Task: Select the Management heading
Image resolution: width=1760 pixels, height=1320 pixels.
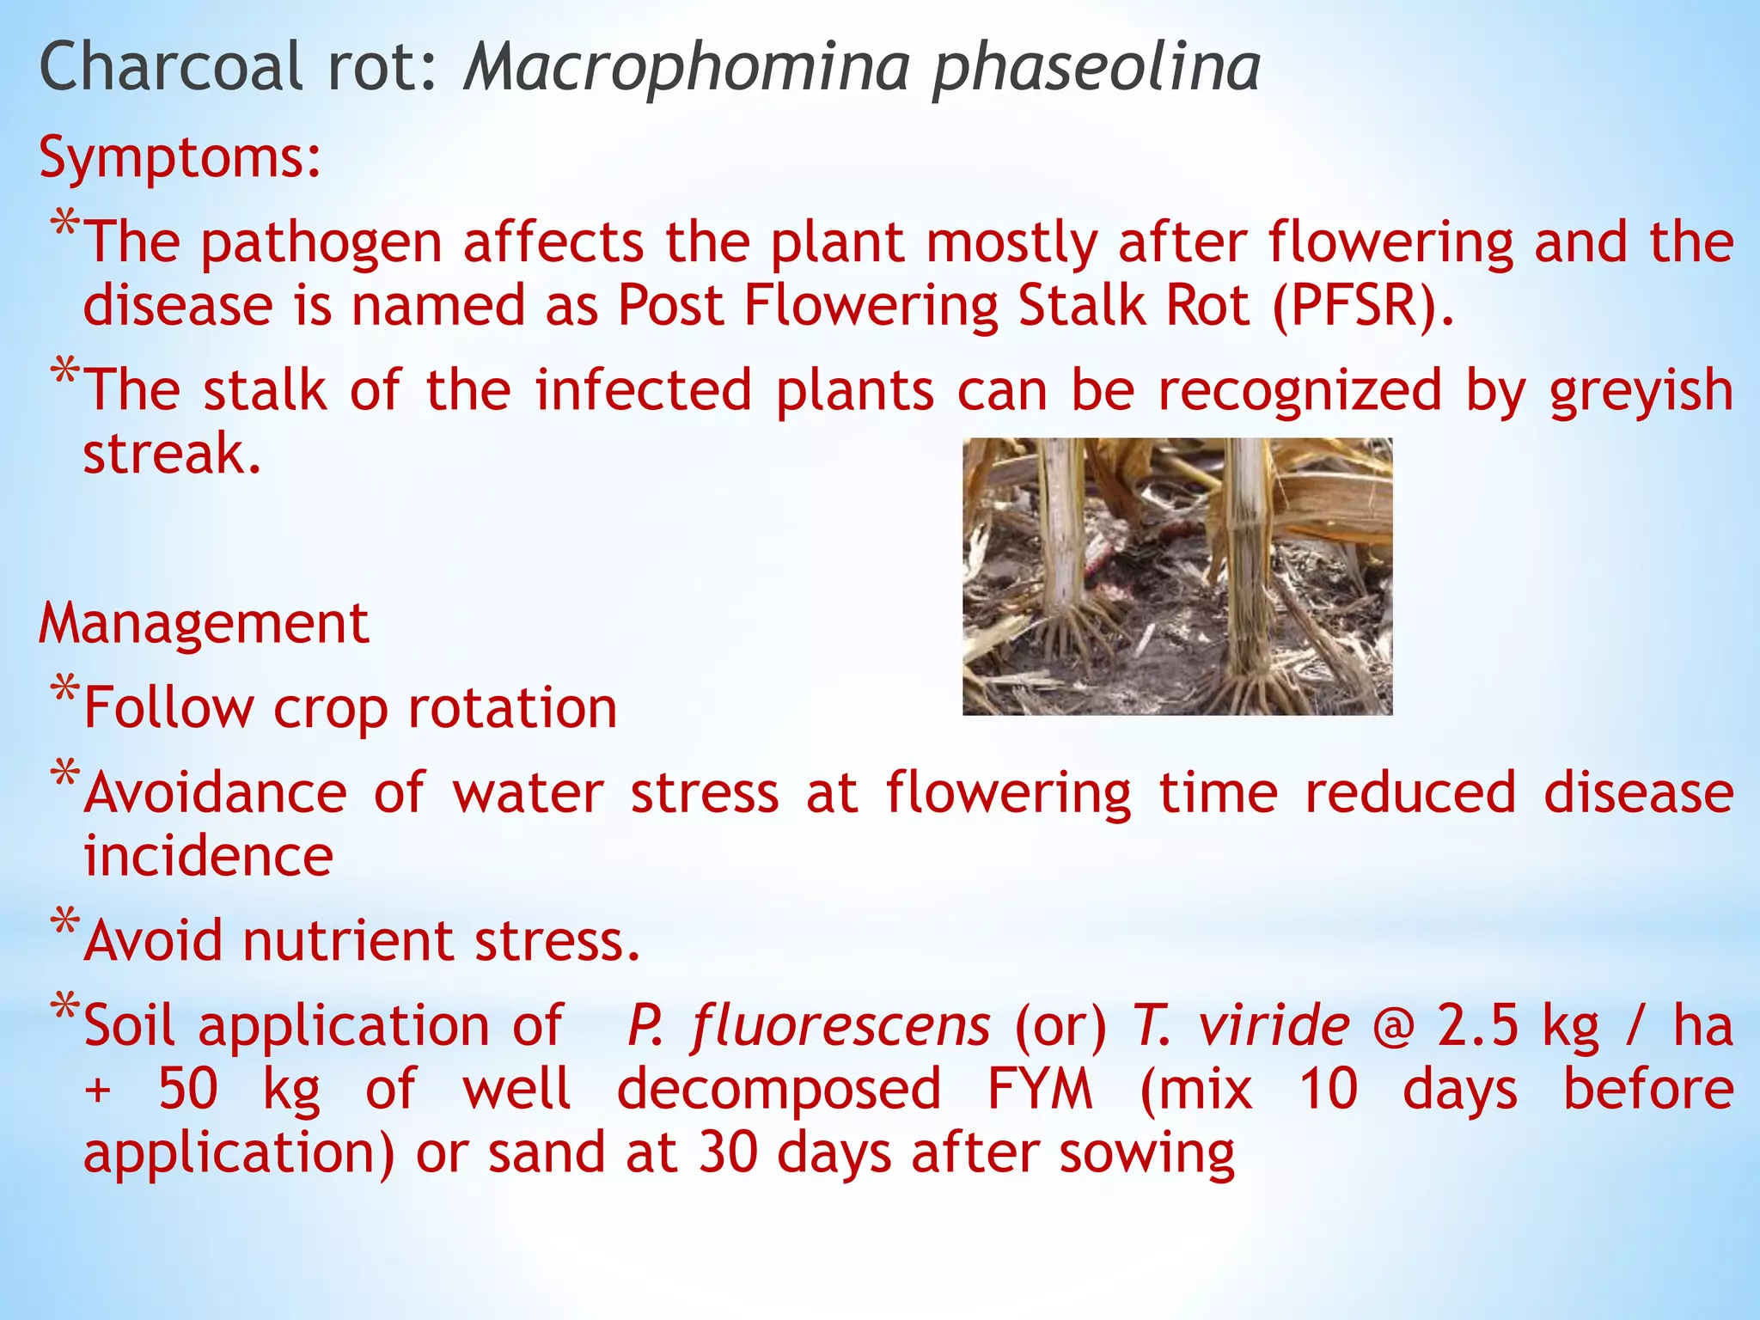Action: click(204, 623)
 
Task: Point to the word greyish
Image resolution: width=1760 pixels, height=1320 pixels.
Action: click(1641, 391)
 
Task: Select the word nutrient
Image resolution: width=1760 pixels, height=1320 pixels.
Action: click(347, 940)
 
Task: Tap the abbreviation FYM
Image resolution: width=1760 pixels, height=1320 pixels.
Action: click(1039, 1089)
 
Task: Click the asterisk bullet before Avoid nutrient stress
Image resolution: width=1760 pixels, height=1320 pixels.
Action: click(64, 921)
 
